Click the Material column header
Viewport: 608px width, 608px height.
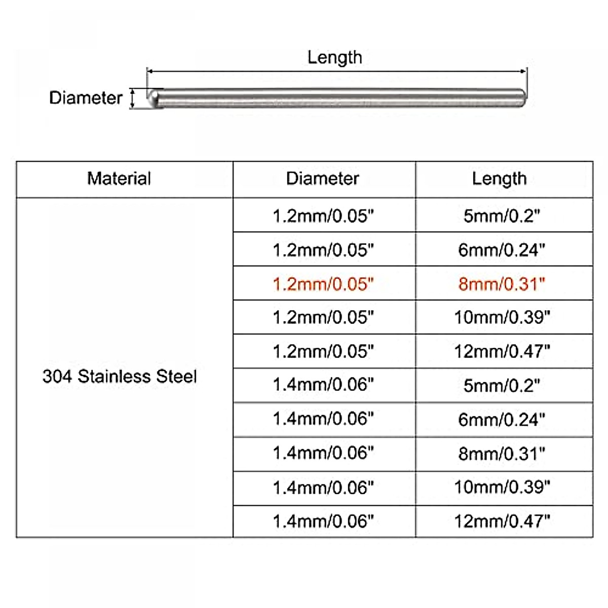tap(119, 179)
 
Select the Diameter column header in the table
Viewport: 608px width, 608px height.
tap(323, 179)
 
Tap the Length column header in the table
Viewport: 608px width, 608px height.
tap(500, 179)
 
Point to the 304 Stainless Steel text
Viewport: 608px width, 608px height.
tap(120, 376)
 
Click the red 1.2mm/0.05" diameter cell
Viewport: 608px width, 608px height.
tap(323, 284)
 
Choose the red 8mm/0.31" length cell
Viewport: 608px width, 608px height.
tap(502, 284)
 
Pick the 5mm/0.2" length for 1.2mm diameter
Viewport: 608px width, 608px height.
tap(502, 216)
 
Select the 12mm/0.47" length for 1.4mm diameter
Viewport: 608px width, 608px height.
tap(502, 521)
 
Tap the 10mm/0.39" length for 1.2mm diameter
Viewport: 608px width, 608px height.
tap(502, 317)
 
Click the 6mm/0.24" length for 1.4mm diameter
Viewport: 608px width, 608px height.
tap(502, 420)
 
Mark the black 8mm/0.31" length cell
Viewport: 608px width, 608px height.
tap(502, 453)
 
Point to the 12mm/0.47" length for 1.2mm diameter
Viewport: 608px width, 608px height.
tap(502, 351)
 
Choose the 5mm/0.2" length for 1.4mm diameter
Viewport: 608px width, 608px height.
tap(502, 385)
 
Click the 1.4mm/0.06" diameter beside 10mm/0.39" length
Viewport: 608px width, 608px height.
tap(323, 487)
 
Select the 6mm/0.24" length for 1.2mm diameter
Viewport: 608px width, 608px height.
tap(502, 250)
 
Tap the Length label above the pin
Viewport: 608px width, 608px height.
tap(334, 57)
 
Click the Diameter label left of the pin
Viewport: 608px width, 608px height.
tap(86, 98)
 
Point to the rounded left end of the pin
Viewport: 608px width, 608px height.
tap(154, 98)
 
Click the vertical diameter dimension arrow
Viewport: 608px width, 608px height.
tap(133, 98)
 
